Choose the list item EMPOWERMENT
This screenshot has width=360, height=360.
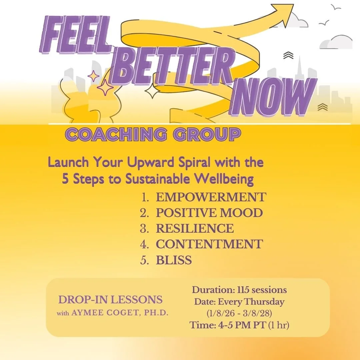click(x=211, y=197)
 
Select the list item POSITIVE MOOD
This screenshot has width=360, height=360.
click(x=209, y=213)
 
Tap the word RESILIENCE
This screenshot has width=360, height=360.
click(x=195, y=229)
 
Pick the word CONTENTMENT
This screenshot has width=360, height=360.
click(x=209, y=244)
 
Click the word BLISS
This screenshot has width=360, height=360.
click(x=174, y=260)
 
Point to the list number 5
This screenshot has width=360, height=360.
click(x=144, y=260)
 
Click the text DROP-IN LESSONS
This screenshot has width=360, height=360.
click(x=110, y=299)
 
